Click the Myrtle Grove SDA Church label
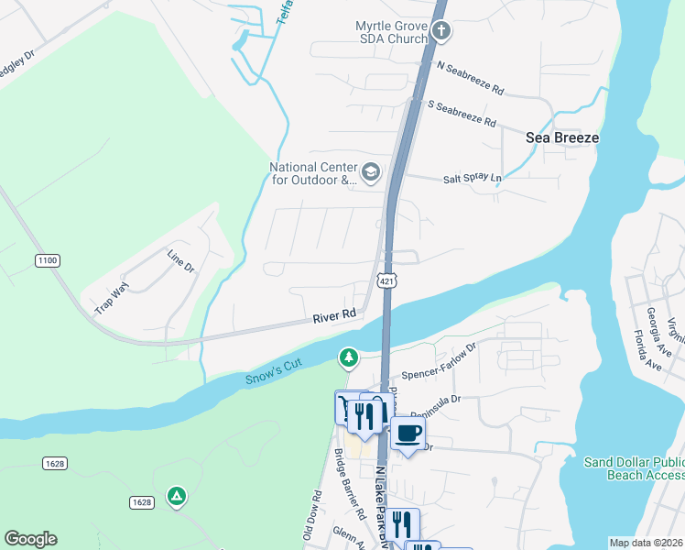pyautogui.click(x=391, y=32)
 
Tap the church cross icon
pyautogui.click(x=441, y=32)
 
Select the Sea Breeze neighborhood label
pyautogui.click(x=562, y=137)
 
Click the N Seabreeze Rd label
pyautogui.click(x=471, y=79)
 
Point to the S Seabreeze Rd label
pyautogui.click(x=462, y=115)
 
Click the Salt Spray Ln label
pyautogui.click(x=473, y=179)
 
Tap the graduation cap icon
pyautogui.click(x=370, y=170)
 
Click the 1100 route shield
pyautogui.click(x=48, y=261)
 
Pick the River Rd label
pyautogui.click(x=333, y=314)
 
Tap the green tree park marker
pyautogui.click(x=348, y=357)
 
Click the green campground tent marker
pyautogui.click(x=176, y=496)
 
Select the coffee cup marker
pyautogui.click(x=408, y=433)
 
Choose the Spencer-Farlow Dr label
pyautogui.click(x=440, y=362)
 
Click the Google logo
pyautogui.click(x=30, y=539)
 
